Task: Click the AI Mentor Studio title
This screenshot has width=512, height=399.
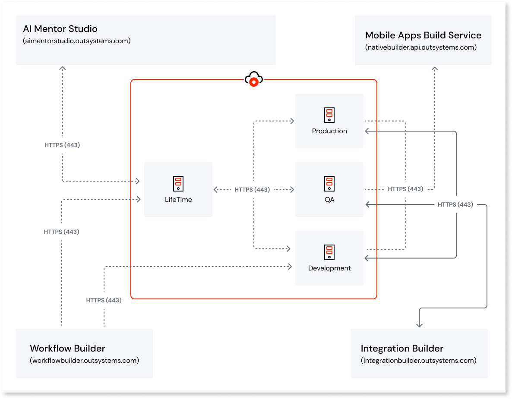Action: pos(60,29)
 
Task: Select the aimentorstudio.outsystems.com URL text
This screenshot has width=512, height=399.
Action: pos(76,41)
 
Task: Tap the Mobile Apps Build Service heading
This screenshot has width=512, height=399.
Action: pos(423,35)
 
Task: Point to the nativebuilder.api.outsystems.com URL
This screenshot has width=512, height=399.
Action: pos(421,47)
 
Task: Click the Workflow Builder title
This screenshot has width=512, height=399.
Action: pos(67,349)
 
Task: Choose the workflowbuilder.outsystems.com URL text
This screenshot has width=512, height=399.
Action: pos(84,360)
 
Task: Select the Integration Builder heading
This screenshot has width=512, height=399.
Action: pos(402,349)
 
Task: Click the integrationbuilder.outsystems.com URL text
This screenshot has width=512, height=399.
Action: pos(418,360)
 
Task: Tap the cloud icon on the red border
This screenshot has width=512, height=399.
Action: pos(254,79)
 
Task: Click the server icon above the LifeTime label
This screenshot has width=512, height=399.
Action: pos(178,183)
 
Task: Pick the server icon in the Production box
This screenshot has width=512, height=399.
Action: pos(329,115)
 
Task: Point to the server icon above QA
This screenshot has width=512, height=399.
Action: pos(329,184)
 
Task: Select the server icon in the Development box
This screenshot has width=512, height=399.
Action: pos(329,252)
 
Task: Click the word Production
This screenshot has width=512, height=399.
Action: pos(329,131)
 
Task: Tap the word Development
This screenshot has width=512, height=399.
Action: pos(329,268)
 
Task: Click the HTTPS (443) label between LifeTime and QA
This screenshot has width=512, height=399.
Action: pos(252,189)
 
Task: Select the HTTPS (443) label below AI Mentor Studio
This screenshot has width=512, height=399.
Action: pos(62,145)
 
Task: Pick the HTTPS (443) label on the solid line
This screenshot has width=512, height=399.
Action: pos(455,204)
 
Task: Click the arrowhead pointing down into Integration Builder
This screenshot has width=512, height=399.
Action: pos(419,324)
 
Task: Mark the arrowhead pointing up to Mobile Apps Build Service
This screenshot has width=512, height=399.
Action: pos(435,68)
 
